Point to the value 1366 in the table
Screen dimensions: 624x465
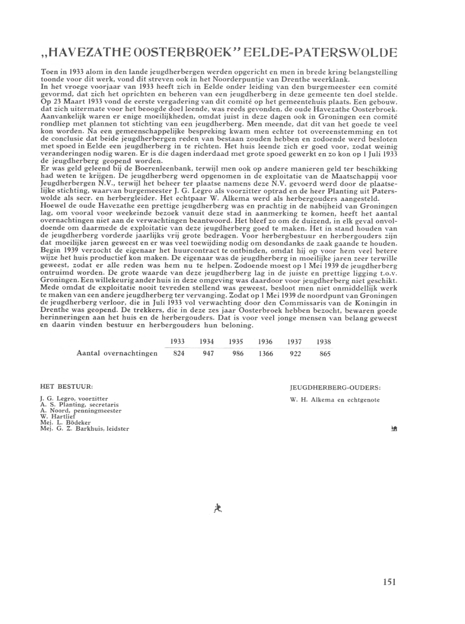click(x=265, y=353)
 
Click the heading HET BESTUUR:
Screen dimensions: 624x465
click(x=67, y=387)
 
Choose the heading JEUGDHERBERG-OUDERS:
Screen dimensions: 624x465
click(x=335, y=387)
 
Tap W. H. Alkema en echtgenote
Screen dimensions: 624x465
click(x=335, y=400)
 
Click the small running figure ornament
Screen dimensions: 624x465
click(x=217, y=507)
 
